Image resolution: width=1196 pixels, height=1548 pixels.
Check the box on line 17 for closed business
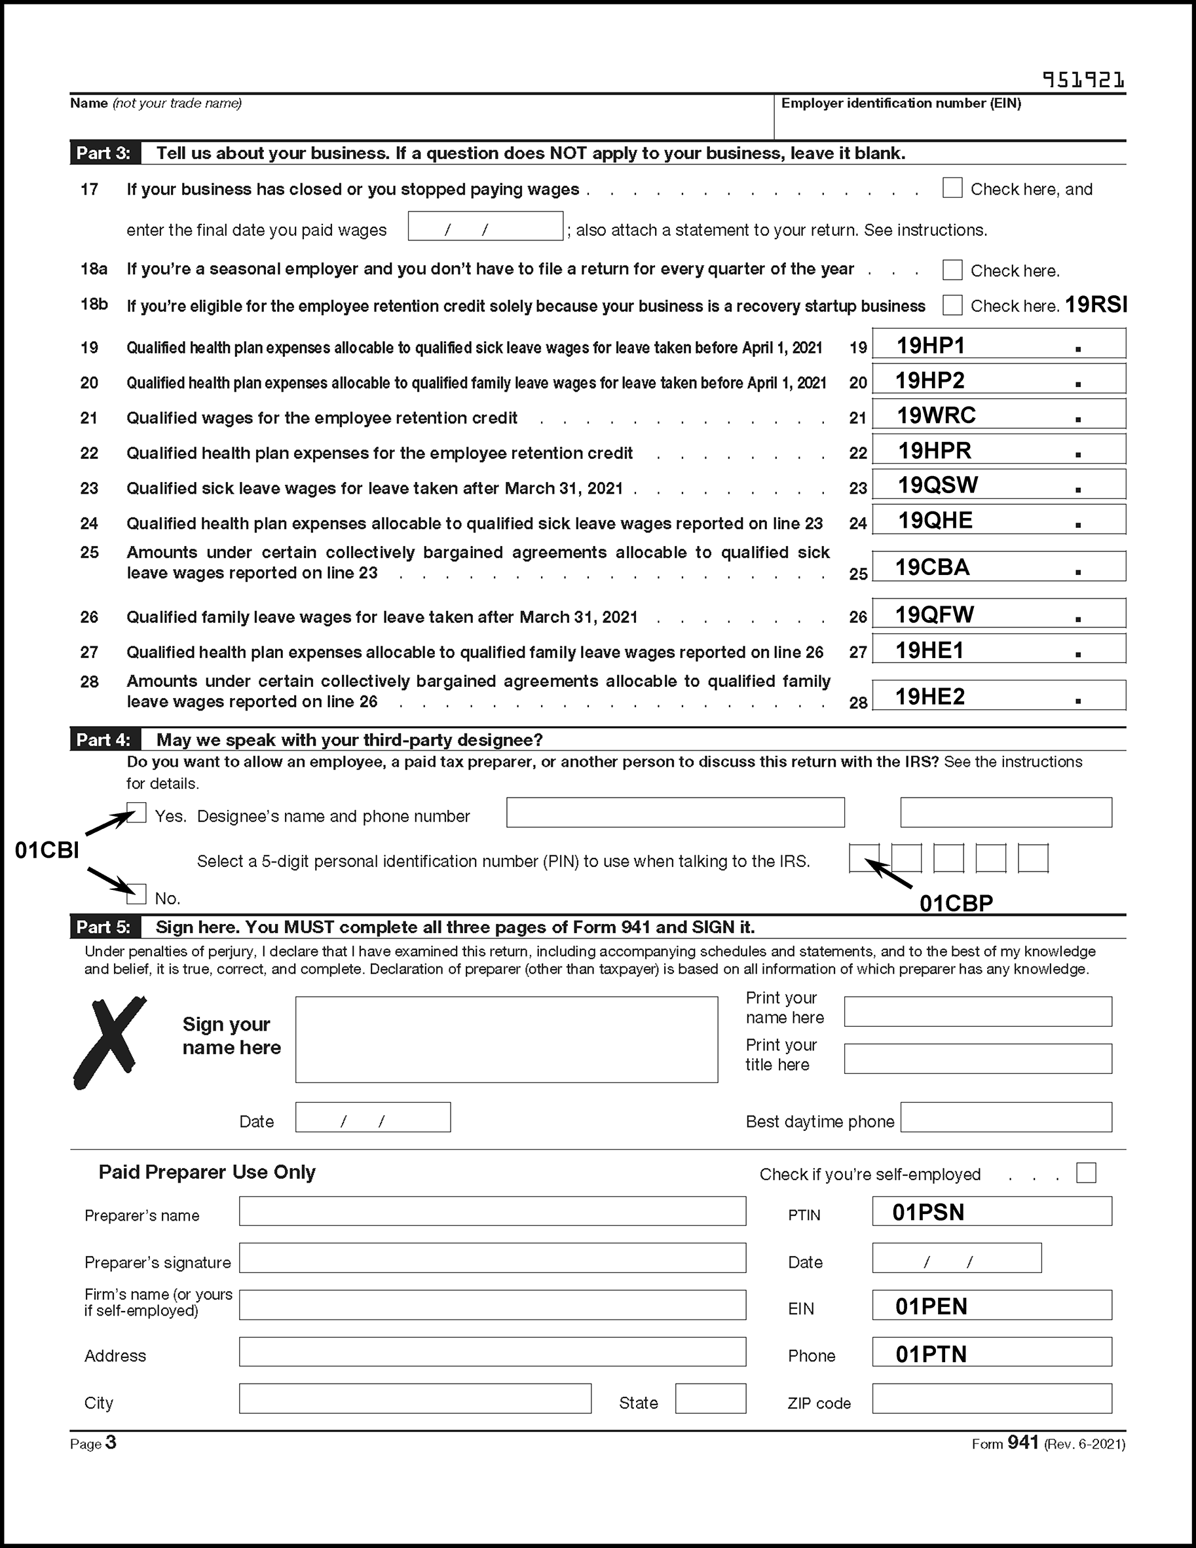(952, 189)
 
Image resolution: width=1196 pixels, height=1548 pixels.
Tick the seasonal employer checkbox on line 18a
(952, 270)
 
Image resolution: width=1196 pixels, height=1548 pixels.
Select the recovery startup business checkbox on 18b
(952, 306)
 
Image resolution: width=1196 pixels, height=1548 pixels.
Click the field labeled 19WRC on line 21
(998, 415)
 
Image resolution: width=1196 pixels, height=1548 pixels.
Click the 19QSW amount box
(998, 485)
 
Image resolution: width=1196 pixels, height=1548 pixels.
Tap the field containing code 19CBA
(998, 566)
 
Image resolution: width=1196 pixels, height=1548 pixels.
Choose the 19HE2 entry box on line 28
(998, 695)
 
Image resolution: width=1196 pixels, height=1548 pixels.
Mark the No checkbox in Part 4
(136, 894)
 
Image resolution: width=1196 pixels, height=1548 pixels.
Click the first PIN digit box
(863, 858)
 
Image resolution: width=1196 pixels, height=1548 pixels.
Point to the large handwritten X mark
(109, 1041)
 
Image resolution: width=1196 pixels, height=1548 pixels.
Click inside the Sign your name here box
(506, 1040)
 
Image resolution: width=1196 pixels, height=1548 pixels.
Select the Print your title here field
(978, 1058)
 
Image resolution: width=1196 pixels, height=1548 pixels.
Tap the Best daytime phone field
(1005, 1118)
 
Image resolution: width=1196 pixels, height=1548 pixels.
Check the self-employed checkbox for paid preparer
(1085, 1173)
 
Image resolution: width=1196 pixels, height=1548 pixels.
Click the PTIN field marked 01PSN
(991, 1211)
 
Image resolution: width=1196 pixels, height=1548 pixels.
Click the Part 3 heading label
(104, 153)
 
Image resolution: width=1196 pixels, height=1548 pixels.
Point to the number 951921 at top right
(1083, 80)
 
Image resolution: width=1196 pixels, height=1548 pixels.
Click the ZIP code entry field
(991, 1399)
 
